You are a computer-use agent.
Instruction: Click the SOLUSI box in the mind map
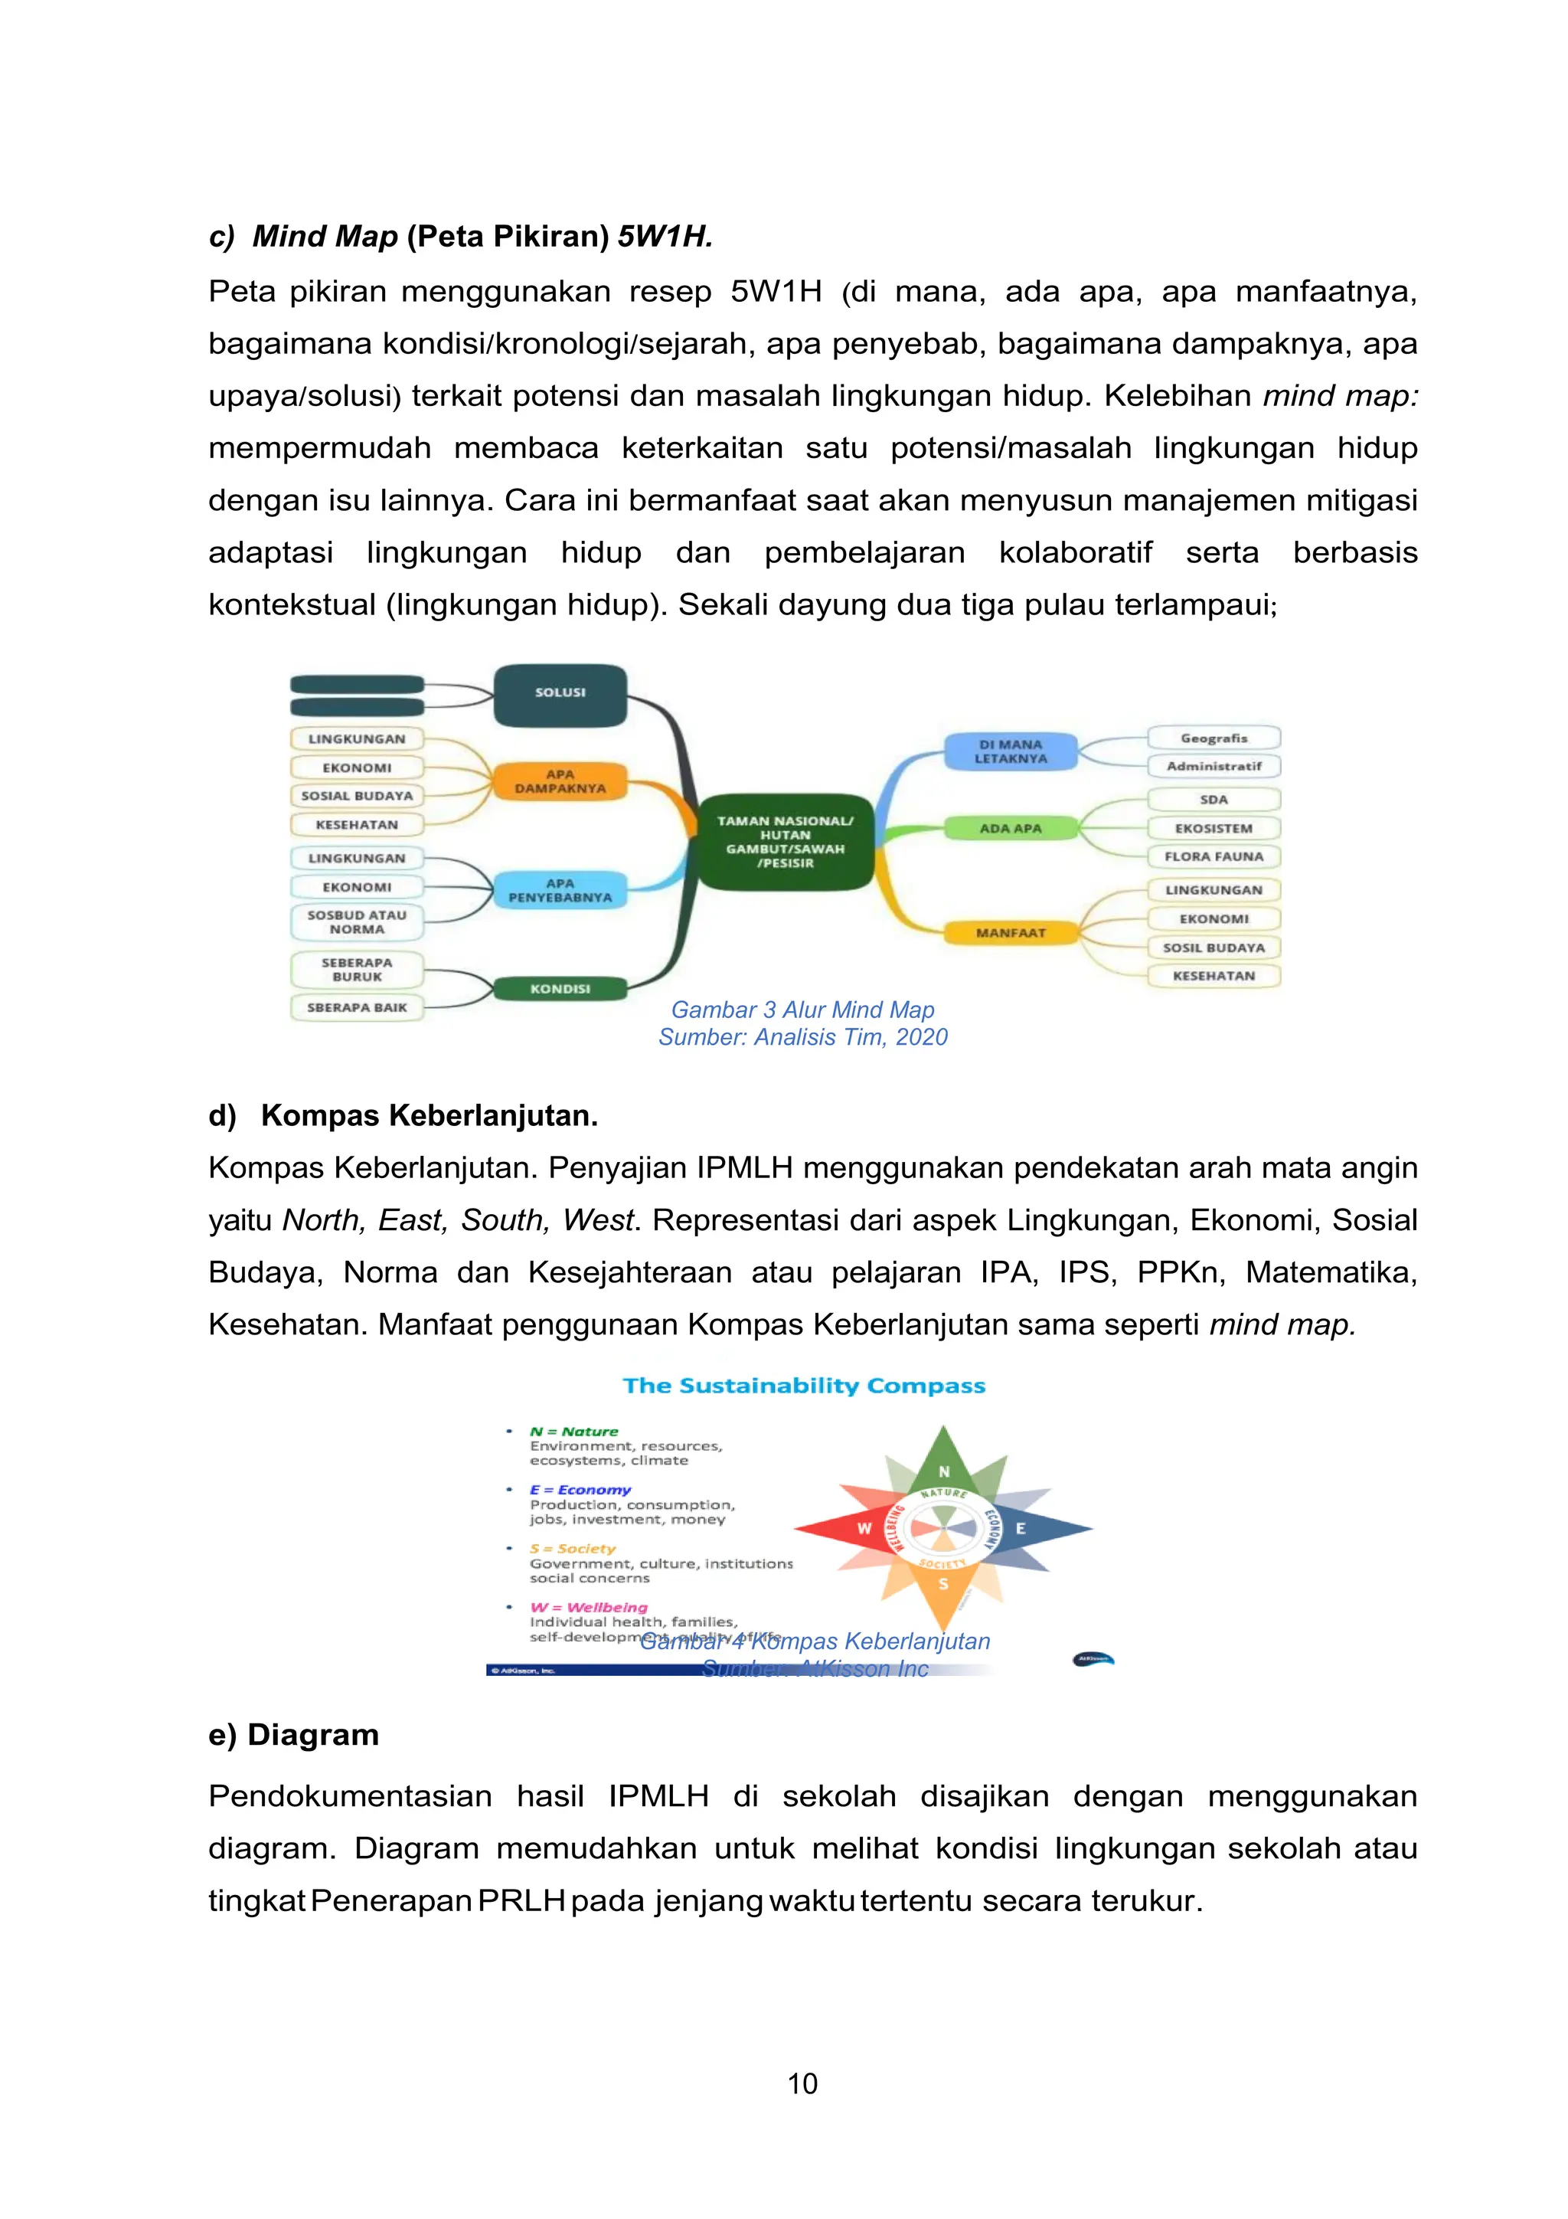click(x=560, y=693)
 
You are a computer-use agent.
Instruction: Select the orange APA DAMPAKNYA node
click(x=560, y=781)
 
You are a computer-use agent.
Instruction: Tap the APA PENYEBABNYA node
click(x=560, y=890)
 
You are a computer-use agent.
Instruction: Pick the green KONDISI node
click(x=560, y=989)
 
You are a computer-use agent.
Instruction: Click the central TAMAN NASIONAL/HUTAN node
click(x=785, y=841)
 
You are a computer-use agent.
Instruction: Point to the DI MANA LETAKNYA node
click(x=1011, y=752)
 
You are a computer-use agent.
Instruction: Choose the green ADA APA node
click(x=1011, y=828)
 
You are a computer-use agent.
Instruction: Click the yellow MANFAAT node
click(x=1011, y=933)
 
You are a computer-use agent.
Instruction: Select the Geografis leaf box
click(x=1214, y=738)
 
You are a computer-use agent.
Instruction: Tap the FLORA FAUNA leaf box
click(x=1214, y=856)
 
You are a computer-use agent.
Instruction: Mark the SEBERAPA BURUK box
click(x=357, y=970)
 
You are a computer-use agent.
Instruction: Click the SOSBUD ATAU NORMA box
click(x=357, y=922)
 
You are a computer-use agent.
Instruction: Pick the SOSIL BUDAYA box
click(x=1214, y=947)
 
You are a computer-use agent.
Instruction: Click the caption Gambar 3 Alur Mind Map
click(x=803, y=1010)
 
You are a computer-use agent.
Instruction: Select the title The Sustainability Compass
click(x=804, y=1385)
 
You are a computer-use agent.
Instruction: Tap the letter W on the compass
click(x=864, y=1528)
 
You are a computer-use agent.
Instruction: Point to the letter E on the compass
click(x=1021, y=1528)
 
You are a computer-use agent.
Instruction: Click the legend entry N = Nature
click(x=574, y=1432)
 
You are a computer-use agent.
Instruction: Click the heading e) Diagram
click(x=294, y=1735)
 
